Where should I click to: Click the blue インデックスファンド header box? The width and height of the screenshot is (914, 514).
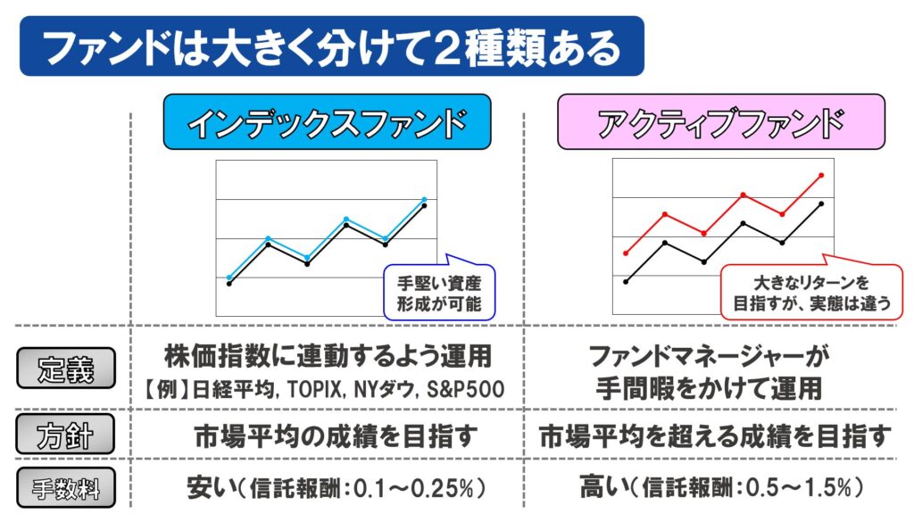(x=327, y=122)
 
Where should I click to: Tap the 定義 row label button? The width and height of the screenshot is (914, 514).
(x=66, y=366)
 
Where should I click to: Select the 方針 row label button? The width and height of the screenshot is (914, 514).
(x=66, y=436)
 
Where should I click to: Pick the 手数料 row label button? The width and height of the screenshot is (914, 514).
(x=66, y=487)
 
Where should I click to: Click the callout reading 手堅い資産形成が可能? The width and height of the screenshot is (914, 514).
(x=438, y=294)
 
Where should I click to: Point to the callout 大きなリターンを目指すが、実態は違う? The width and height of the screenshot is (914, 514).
(x=811, y=292)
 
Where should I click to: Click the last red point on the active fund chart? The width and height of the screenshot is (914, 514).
(x=821, y=176)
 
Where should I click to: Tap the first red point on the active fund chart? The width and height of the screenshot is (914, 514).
(x=626, y=253)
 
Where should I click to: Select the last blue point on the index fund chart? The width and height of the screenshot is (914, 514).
(x=424, y=199)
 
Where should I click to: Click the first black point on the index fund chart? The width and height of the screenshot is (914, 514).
(x=229, y=284)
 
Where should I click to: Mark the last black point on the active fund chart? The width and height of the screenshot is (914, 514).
(x=821, y=204)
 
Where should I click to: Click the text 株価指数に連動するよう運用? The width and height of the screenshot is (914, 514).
(x=328, y=357)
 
